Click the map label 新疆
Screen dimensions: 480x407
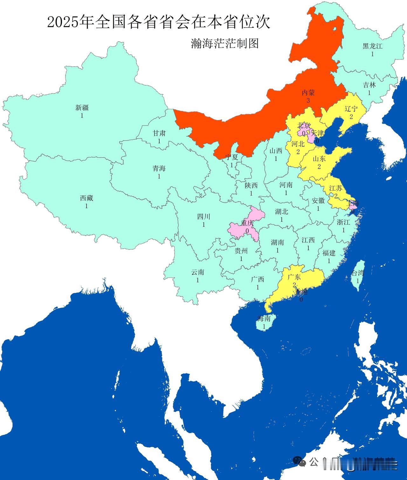tap(82, 108)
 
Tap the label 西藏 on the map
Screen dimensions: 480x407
tap(86, 198)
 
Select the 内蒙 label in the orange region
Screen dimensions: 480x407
tap(308, 93)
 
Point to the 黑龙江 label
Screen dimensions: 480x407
tap(372, 46)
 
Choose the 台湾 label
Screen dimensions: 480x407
tap(358, 273)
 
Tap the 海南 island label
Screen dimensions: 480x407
tap(264, 318)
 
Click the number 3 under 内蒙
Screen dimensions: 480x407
tap(308, 101)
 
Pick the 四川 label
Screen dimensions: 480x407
tap(203, 217)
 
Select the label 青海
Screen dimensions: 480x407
tap(159, 168)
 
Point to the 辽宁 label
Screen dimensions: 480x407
tap(351, 109)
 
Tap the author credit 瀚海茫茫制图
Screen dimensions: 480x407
tap(224, 44)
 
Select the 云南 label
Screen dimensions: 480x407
tap(197, 272)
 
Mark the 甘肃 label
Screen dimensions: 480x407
tap(159, 133)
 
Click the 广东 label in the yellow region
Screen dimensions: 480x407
tap(294, 277)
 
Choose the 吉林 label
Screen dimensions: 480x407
tap(369, 85)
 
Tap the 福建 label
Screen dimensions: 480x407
tap(329, 253)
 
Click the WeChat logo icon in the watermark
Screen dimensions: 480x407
tap(299, 470)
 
